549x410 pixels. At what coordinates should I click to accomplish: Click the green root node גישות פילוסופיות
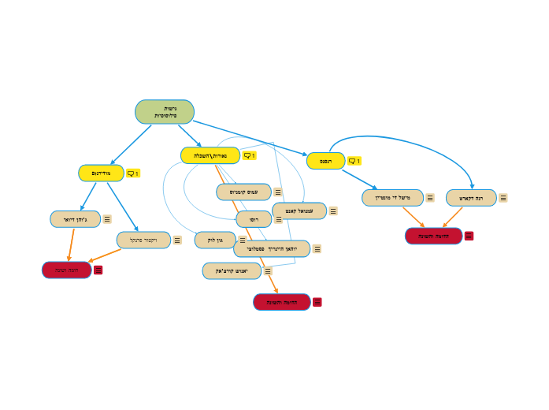165,112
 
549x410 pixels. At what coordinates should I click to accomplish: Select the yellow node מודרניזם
102,173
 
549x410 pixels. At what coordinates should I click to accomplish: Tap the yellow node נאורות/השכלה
210,155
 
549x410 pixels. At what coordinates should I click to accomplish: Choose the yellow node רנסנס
326,161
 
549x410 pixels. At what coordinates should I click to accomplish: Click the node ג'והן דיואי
76,219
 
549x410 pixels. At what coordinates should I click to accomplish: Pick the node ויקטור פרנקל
143,240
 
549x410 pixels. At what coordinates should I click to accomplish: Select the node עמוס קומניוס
244,192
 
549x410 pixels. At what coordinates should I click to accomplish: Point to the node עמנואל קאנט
299,211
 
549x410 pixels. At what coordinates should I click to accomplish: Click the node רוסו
254,219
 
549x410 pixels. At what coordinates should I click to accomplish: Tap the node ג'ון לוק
215,240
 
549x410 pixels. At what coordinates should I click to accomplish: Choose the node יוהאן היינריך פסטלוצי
272,249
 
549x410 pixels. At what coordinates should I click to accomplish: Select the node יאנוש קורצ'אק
232,271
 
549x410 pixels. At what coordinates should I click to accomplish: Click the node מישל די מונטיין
393,197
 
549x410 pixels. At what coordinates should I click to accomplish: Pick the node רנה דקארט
471,198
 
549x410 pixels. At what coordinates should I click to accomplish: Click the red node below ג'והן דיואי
67,270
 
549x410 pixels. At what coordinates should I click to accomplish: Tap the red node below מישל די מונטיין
434,236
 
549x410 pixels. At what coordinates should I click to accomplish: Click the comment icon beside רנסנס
354,161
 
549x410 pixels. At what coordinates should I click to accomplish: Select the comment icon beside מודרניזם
132,173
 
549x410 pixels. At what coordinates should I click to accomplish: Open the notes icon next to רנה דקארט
503,198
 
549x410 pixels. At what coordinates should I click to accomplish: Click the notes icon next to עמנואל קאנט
333,211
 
